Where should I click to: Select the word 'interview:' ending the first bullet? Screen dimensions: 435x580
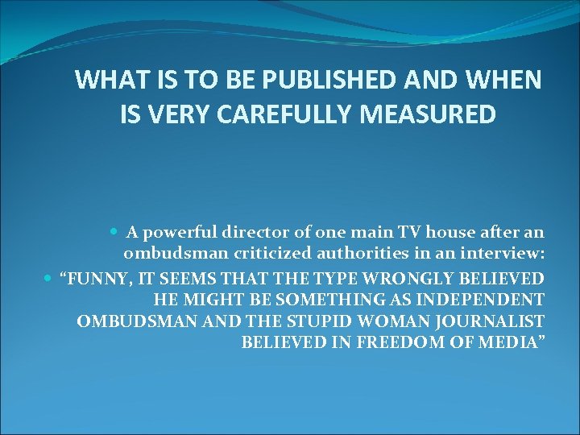point(504,255)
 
